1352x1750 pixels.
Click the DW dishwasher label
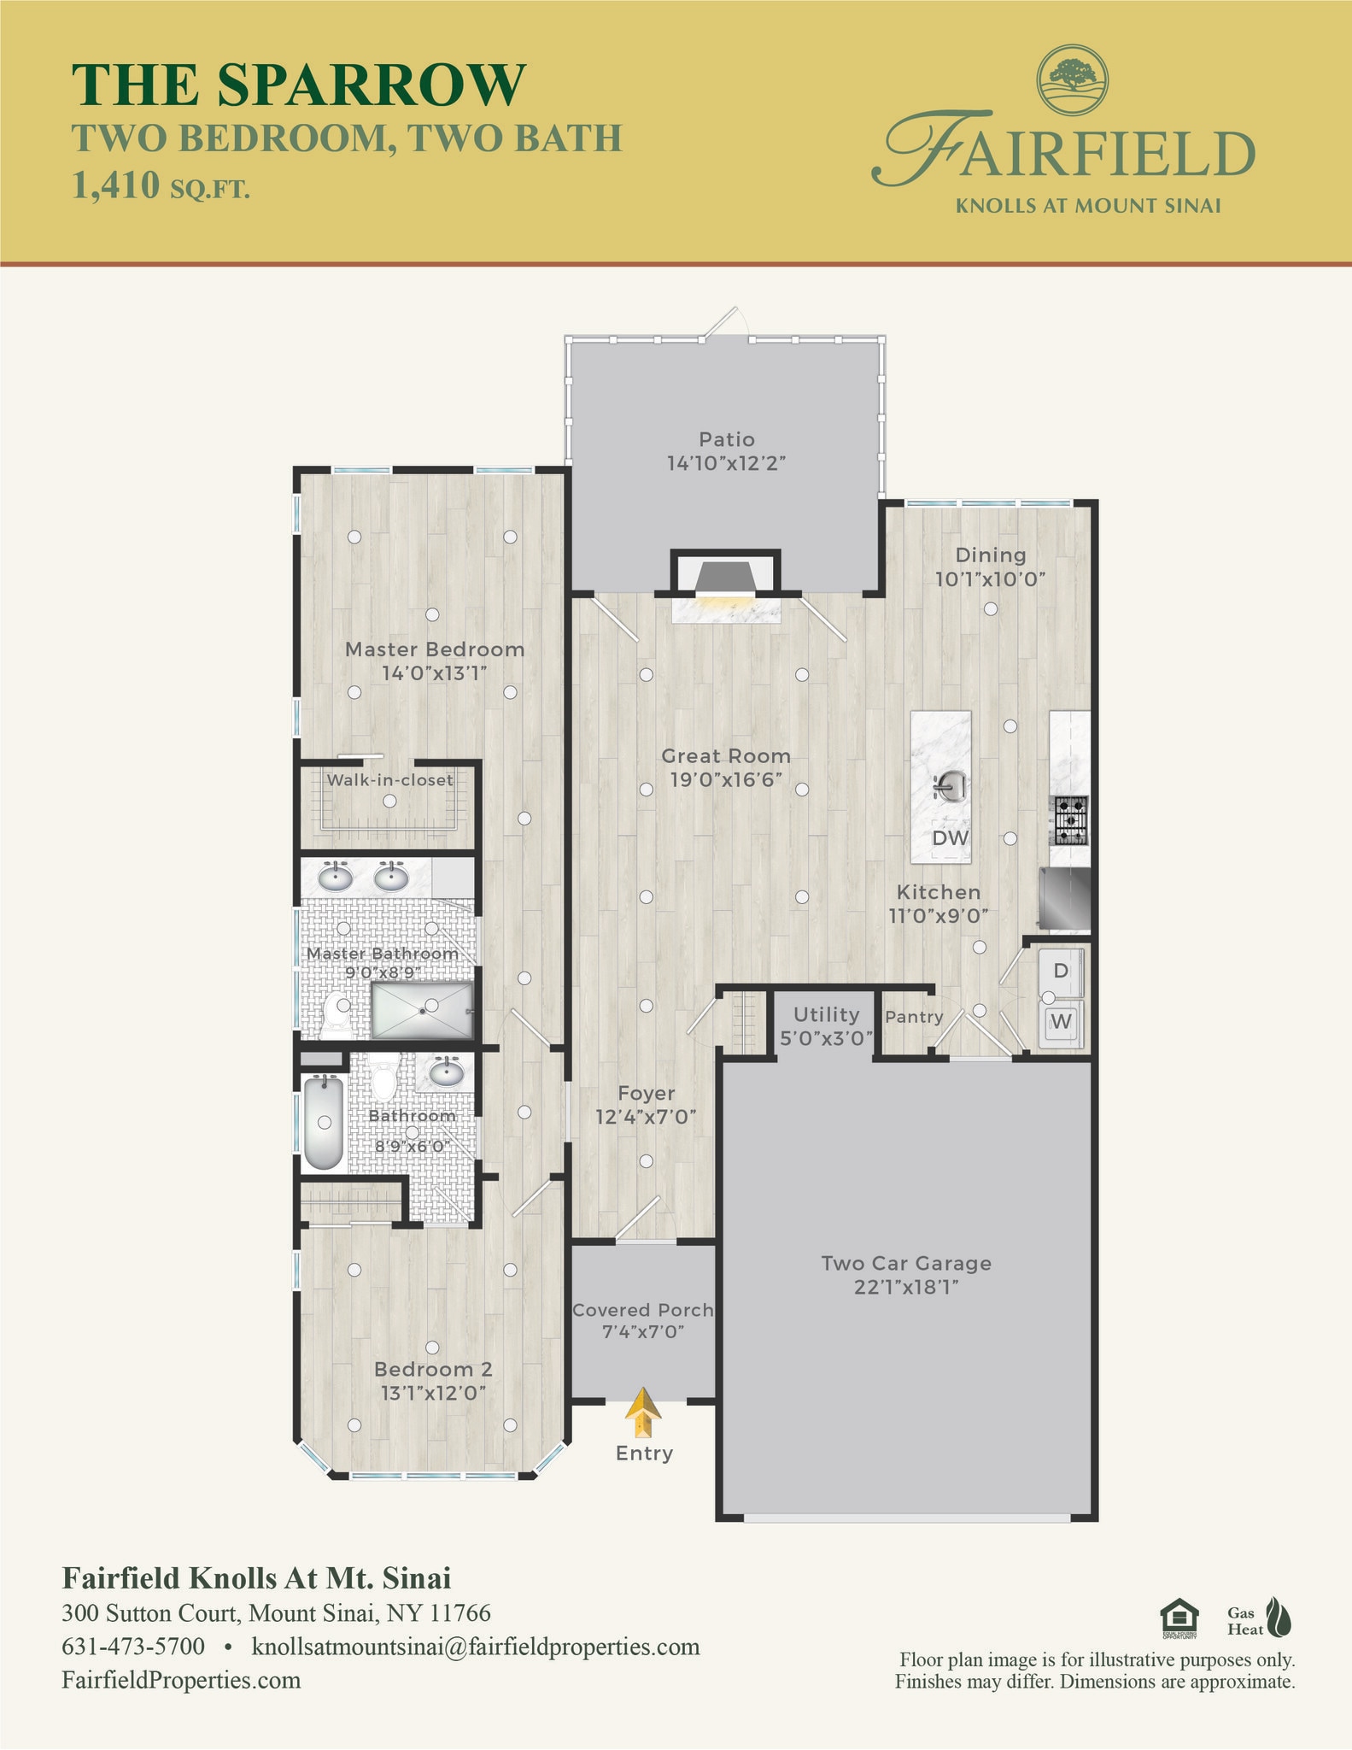950,838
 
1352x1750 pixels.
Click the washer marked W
1061,1022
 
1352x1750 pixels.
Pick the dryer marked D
1061,972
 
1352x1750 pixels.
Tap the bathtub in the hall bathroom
324,1122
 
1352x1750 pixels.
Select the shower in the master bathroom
422,1010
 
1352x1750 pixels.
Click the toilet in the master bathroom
338,1012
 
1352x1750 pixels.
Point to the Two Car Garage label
906,1263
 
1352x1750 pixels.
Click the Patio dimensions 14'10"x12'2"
726,463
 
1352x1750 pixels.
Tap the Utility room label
826,1014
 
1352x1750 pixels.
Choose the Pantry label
914,1017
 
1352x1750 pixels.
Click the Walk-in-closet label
389,779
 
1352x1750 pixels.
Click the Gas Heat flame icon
1279,1618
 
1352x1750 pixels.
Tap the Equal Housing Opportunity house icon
1179,1618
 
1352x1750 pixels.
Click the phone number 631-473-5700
133,1647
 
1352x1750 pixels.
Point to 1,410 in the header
116,185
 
